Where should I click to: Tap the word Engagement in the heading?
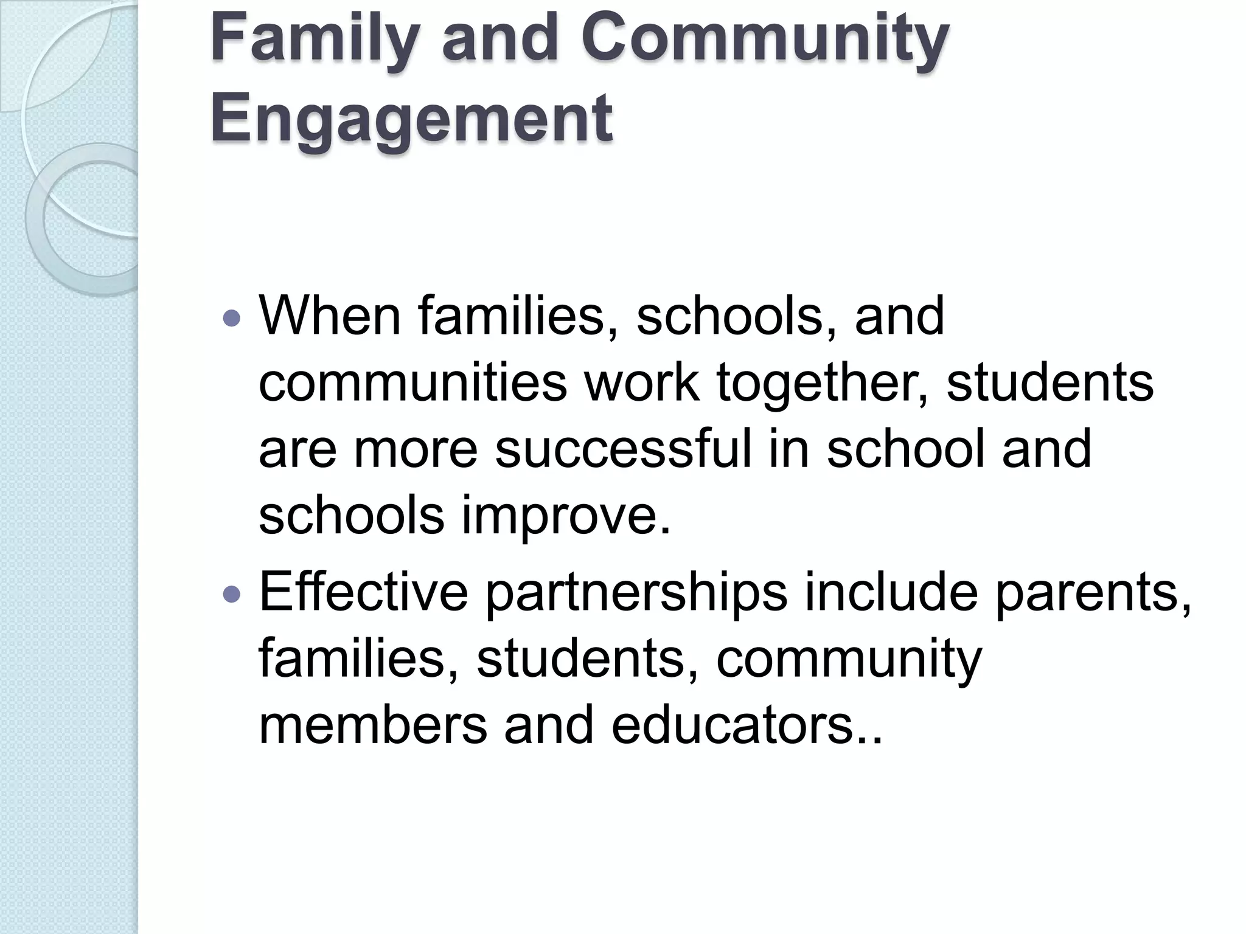pos(411,117)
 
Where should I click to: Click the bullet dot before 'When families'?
pos(232,317)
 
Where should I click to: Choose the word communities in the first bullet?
pos(413,382)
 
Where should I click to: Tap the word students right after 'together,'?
pos(1049,382)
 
